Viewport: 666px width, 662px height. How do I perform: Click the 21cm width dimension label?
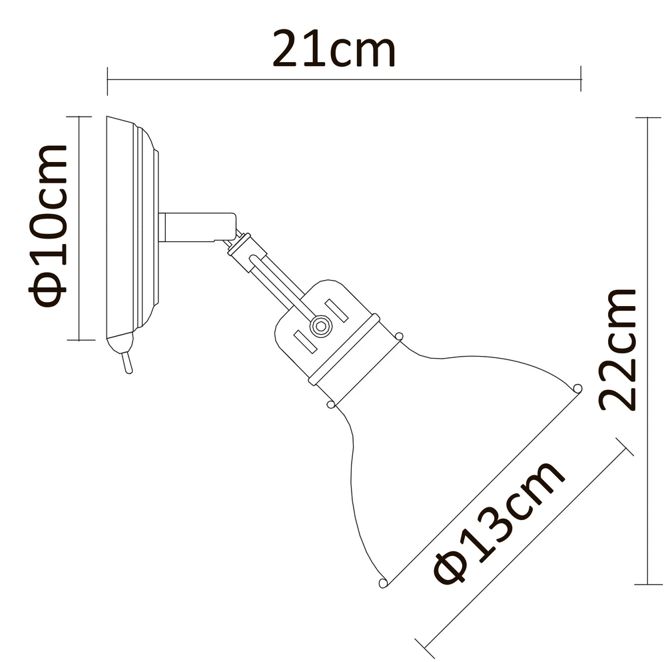click(x=334, y=49)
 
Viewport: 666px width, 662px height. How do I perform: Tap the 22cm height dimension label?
click(x=618, y=350)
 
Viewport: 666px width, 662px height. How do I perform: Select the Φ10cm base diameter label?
click(x=48, y=225)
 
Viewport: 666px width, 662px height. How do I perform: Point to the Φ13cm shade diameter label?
click(x=499, y=522)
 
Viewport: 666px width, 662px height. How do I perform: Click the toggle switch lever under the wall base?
click(x=127, y=363)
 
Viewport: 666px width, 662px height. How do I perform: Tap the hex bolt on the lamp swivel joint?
click(x=321, y=327)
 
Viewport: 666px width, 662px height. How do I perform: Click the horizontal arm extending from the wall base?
click(x=197, y=227)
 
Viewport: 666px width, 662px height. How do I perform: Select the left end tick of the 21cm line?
click(x=107, y=81)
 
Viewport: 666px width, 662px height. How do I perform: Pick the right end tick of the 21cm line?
click(x=581, y=79)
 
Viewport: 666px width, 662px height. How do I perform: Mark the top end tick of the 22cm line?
click(x=648, y=117)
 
